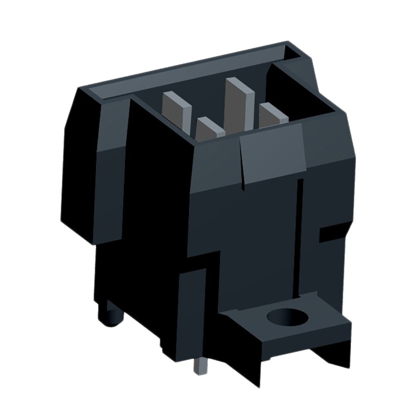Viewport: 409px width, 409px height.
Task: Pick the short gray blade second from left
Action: pos(209,130)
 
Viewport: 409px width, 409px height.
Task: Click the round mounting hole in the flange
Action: pos(288,318)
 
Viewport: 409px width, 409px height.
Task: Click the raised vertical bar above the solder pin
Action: pos(194,307)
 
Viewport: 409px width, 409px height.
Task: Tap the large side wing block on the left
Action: pos(95,164)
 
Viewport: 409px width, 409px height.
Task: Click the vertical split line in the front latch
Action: pos(242,161)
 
